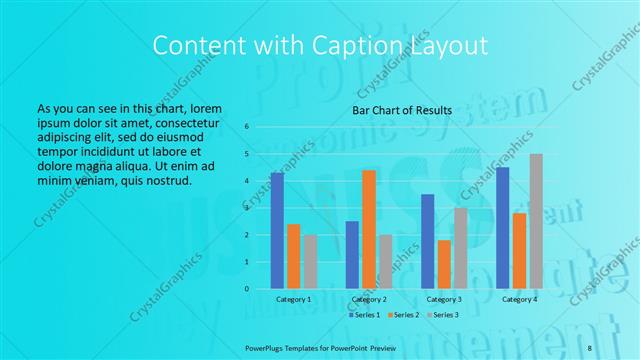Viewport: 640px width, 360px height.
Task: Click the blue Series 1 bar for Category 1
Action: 277,231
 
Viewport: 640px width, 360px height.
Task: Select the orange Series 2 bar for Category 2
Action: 368,230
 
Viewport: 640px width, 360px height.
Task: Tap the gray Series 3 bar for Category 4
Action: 536,222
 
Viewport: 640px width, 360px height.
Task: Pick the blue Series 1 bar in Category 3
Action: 428,242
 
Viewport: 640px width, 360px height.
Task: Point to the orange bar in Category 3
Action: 444,265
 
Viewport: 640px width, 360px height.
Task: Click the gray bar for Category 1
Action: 310,262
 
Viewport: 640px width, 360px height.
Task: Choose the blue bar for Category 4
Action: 502,228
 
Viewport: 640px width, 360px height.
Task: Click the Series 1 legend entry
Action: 365,315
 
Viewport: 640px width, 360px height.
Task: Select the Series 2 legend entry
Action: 403,315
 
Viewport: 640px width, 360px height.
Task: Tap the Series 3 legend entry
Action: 443,315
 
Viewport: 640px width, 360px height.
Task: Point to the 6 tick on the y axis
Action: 247,127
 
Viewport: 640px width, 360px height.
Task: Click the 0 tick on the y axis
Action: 247,289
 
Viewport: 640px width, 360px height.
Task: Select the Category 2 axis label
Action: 369,299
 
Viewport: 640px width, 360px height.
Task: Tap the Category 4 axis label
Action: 519,299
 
